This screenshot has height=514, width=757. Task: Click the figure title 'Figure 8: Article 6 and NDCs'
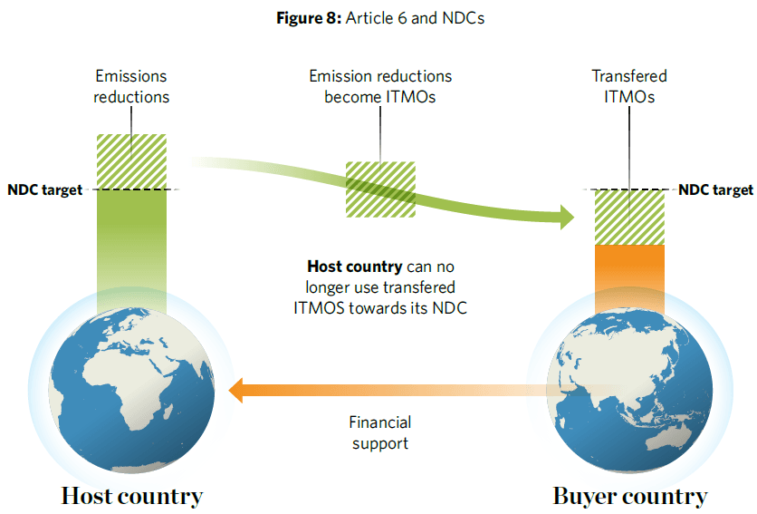coord(379,19)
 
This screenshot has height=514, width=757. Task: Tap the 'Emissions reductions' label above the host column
coord(131,87)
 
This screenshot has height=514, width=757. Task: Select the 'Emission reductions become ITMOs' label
coord(380,87)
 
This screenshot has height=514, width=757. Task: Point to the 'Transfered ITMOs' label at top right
coord(629,87)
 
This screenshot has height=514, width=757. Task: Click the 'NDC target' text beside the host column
coord(44,189)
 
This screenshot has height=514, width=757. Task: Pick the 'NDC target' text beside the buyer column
coord(715,189)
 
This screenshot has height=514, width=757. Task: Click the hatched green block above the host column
coord(131,160)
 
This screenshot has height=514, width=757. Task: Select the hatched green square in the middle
coord(380,189)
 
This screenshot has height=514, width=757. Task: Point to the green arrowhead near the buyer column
coord(566,217)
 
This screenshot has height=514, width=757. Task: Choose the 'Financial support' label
coord(380,432)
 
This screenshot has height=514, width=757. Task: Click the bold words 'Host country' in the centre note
coord(354,267)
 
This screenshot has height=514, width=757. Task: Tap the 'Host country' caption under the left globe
coord(132,496)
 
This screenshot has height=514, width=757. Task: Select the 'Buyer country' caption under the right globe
coord(629,496)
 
